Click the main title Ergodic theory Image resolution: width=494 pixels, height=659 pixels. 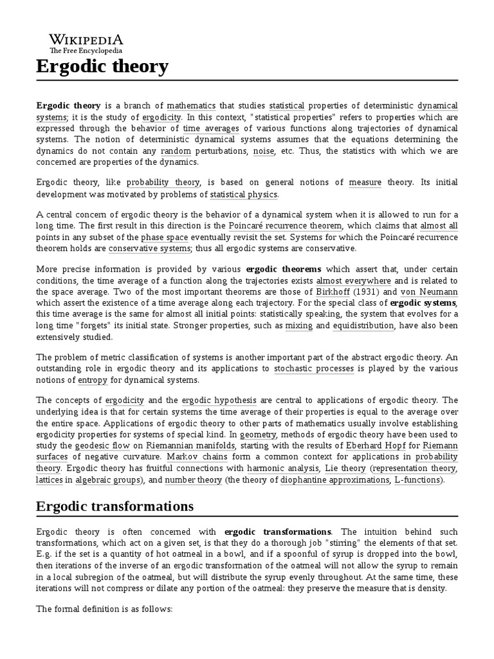pyautogui.click(x=102, y=66)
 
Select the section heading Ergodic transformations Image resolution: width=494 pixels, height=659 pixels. pyautogui.click(x=114, y=506)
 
